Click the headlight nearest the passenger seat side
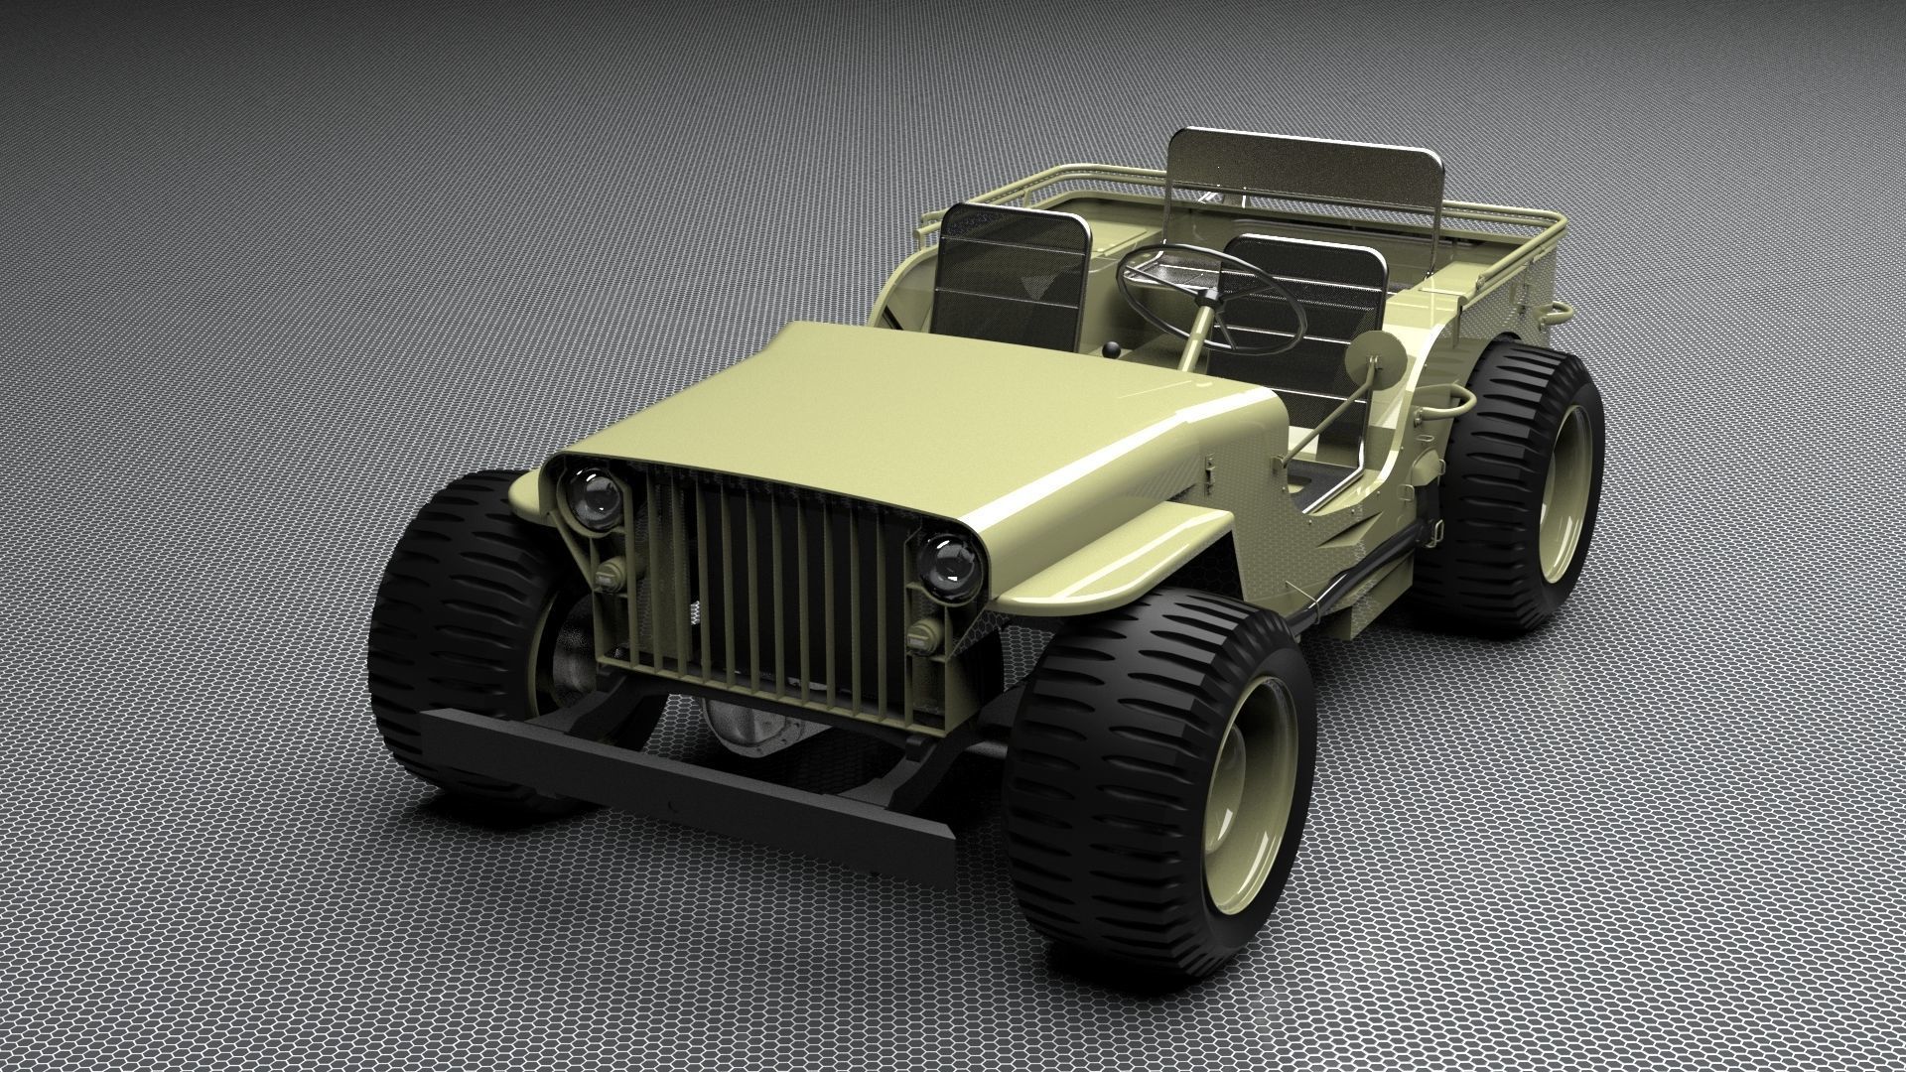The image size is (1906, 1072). pyautogui.click(x=593, y=495)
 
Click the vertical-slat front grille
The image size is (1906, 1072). pyautogui.click(x=764, y=586)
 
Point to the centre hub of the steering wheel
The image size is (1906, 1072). pyautogui.click(x=1210, y=298)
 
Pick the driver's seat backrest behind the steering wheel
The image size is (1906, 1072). pyautogui.click(x=1310, y=298)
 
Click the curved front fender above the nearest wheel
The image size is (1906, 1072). pyautogui.click(x=1112, y=556)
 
